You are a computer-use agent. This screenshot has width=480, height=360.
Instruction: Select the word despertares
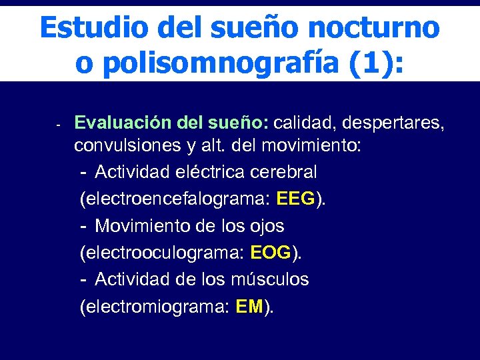coord(394,123)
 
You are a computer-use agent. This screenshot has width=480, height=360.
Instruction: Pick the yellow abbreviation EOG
coord(271,253)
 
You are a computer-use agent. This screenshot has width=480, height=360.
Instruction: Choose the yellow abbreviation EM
coord(250,307)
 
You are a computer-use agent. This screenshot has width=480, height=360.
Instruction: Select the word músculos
coord(272,279)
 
